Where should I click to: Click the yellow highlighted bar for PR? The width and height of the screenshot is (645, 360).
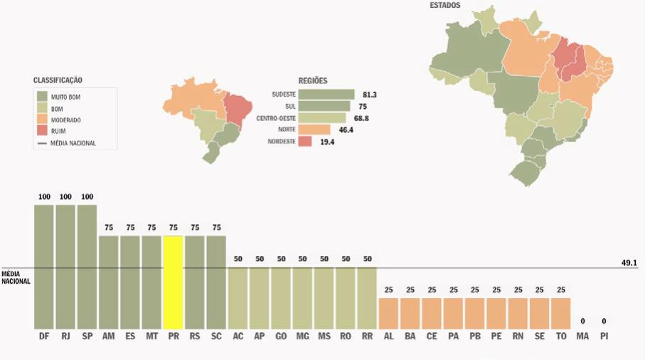click(173, 281)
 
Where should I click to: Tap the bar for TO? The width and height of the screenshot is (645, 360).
click(561, 312)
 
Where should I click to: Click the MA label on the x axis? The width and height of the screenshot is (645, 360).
click(582, 334)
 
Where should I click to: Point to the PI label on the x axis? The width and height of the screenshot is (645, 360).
click(604, 334)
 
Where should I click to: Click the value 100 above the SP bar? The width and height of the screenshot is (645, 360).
click(87, 196)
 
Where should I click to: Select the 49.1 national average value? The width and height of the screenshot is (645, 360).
click(629, 263)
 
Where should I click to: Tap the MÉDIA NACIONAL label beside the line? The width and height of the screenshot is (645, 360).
click(16, 277)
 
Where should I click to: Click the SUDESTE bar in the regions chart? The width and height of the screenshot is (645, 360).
click(326, 95)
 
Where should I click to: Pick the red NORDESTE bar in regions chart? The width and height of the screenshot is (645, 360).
click(305, 142)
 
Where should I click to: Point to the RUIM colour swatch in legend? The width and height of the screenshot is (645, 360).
click(42, 131)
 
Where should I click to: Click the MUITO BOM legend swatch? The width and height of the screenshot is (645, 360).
click(42, 97)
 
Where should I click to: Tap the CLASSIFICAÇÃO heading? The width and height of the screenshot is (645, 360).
click(63, 80)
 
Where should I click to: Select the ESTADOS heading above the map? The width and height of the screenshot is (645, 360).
click(444, 6)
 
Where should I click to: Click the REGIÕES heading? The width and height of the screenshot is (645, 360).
click(314, 80)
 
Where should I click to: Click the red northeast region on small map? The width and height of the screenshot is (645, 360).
click(238, 106)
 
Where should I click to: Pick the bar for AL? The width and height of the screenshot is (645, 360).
click(388, 312)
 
